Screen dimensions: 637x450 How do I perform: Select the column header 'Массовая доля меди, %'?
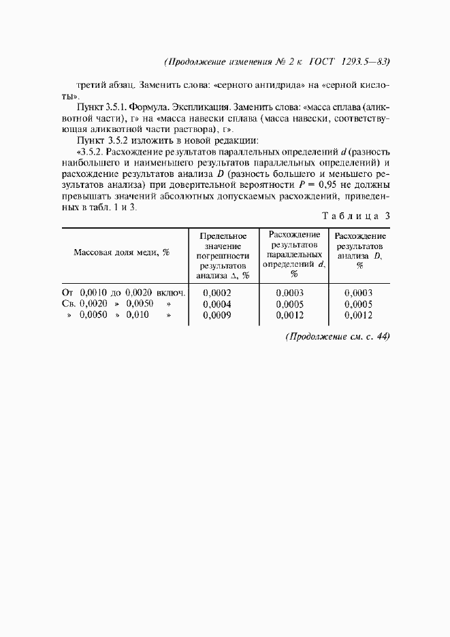click(x=121, y=252)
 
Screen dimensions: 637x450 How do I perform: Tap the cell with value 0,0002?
click(x=218, y=293)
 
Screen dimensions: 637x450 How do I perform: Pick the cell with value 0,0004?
click(x=218, y=304)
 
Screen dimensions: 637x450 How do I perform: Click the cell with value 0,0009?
click(x=218, y=316)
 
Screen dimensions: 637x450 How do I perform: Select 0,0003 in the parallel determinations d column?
click(x=290, y=293)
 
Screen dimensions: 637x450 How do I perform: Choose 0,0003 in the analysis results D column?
click(x=359, y=293)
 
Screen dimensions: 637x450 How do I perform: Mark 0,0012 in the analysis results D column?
click(x=359, y=316)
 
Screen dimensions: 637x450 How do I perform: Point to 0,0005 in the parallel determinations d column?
click(x=290, y=304)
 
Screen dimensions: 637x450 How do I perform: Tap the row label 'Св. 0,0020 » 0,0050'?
click(x=112, y=304)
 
